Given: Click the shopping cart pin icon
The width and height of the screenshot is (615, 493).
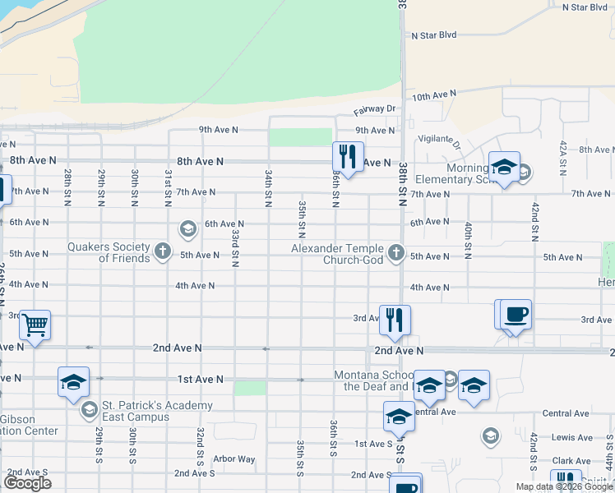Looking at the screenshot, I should pos(35,325).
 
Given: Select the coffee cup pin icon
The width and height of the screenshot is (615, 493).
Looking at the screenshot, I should pos(516,315).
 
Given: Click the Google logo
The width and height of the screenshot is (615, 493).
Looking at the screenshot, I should pos(27,483).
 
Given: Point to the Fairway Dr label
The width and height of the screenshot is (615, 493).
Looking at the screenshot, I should pos(375,108).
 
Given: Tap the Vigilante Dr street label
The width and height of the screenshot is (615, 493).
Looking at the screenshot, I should pos(440,141).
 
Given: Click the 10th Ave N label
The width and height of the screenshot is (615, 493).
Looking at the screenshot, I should pos(434,95).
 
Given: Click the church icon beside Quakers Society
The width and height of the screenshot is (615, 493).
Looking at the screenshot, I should pos(163,251).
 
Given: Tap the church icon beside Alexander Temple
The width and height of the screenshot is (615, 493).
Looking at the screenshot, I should pos(396,252).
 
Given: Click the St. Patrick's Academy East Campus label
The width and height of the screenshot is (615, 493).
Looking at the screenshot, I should pos(156,411).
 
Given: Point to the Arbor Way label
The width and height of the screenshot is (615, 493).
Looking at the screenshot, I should pos(234,458).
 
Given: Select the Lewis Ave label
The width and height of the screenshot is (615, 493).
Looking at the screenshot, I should pos(571,439).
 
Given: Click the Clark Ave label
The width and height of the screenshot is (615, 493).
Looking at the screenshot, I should pos(571,461).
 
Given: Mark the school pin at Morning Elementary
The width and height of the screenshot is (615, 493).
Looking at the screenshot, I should pos(504,168).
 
